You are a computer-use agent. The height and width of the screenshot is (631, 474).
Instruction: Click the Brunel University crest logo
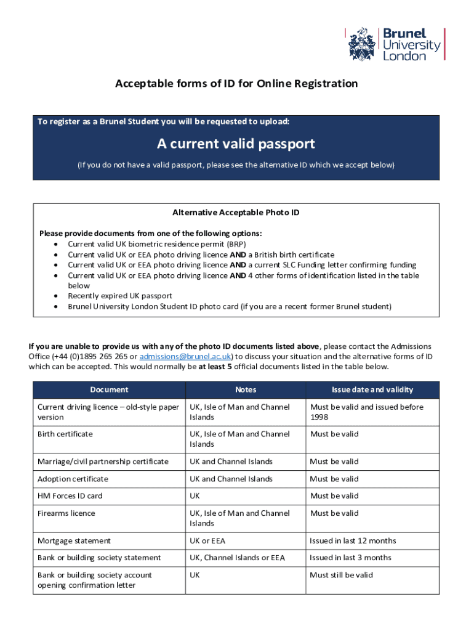point(363,44)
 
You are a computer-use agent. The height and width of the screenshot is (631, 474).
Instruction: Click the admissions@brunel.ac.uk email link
point(185,356)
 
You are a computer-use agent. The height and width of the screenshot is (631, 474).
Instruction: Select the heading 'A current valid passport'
point(236,144)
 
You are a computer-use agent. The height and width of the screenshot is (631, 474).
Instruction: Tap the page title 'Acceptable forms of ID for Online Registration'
point(236,83)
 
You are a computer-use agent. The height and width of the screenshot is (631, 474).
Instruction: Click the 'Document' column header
point(109,389)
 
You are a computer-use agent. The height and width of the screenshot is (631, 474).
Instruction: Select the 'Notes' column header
point(246,389)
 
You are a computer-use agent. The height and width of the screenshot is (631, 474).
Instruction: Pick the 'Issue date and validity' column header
point(372,389)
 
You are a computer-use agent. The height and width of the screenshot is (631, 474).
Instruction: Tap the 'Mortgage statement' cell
point(74,541)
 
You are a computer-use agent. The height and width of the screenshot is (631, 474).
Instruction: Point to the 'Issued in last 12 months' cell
point(353,541)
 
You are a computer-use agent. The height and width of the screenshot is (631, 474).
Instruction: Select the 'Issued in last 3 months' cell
point(350,558)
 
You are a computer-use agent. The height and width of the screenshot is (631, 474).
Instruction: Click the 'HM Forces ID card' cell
point(70,496)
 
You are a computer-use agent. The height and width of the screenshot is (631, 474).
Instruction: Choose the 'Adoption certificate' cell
point(73,479)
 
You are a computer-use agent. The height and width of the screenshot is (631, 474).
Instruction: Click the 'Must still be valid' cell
point(342,575)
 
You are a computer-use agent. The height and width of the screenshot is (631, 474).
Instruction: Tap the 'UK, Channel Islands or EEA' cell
point(237,558)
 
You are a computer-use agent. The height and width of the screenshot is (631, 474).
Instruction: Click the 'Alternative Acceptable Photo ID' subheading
point(236,213)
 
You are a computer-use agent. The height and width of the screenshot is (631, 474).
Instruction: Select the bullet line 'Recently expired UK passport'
point(119,296)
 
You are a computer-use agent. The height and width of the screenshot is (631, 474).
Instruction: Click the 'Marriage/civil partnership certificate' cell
point(103,462)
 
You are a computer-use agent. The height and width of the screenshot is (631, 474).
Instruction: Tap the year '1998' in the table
point(319,417)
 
